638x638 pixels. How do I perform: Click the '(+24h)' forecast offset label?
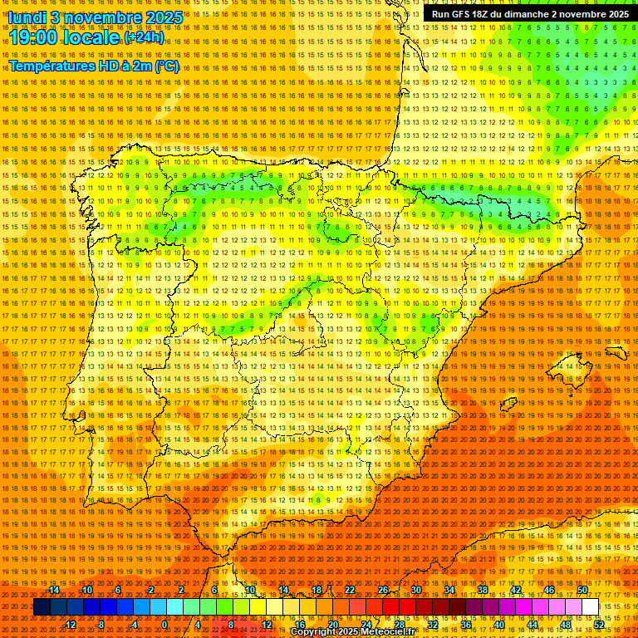pos(144,37)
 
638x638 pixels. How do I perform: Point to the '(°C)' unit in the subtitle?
pos(166,66)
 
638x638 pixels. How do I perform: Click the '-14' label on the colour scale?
pos(53,590)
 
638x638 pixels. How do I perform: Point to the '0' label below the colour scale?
pos(164,624)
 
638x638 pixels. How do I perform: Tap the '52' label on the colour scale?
pos(599,624)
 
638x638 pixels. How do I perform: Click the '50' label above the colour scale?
pos(582,590)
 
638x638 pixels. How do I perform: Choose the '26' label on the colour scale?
pos(383,590)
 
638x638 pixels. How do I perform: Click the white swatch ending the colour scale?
pos(590,607)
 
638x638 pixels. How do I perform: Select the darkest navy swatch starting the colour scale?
pos(42,607)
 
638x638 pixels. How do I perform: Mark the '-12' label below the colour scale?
pos(70,624)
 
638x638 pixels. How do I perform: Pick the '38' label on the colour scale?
pos(483,590)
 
